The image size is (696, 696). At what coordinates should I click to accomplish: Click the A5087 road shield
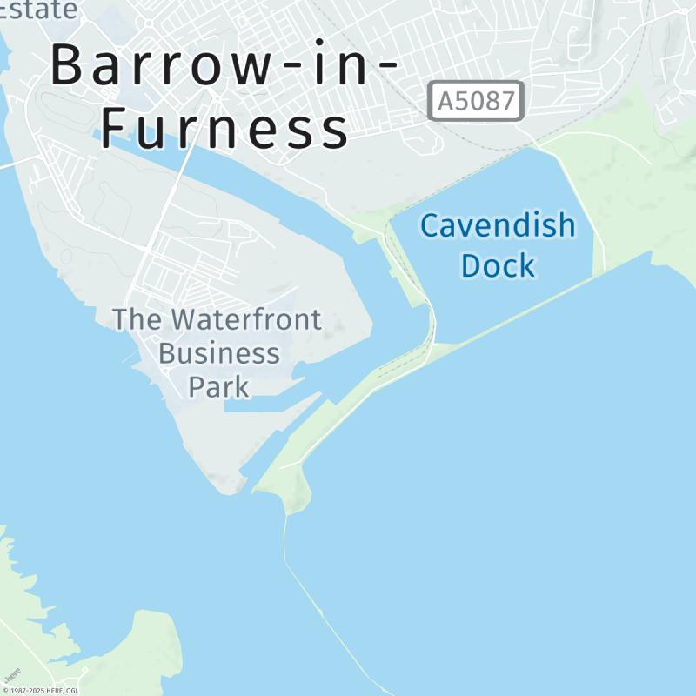click(x=476, y=101)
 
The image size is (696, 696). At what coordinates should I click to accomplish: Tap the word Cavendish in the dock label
click(x=497, y=226)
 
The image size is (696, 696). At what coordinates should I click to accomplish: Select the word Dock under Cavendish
click(x=498, y=265)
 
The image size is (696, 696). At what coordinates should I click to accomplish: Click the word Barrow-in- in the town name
click(x=224, y=64)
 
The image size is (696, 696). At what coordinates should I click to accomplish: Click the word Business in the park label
click(x=218, y=354)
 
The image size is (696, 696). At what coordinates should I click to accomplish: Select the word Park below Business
click(x=218, y=386)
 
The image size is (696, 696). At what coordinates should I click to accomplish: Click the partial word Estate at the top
click(x=38, y=9)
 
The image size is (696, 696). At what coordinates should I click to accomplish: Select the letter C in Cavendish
click(x=430, y=226)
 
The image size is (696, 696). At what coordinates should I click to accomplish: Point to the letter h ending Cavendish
click(x=566, y=226)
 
